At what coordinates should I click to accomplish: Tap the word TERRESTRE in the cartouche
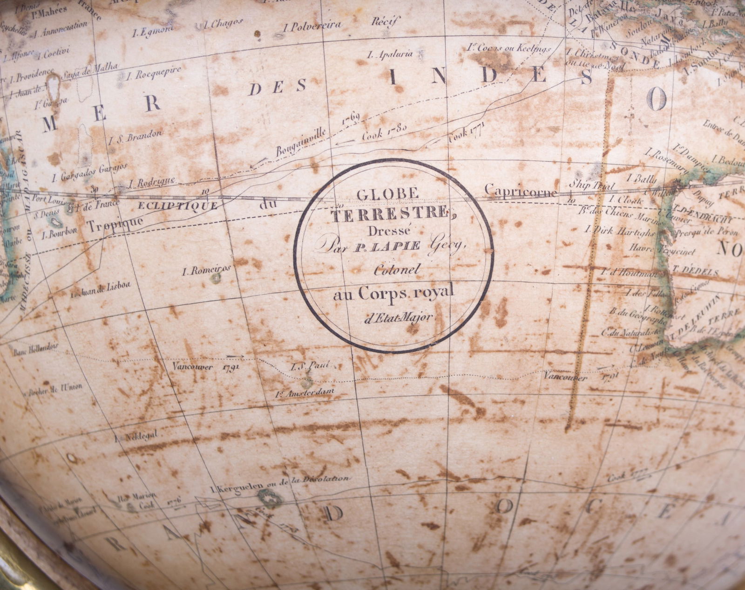(x=388, y=214)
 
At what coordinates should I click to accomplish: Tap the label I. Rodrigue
(x=152, y=181)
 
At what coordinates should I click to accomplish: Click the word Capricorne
(x=521, y=191)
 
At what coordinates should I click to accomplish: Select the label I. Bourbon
(x=59, y=234)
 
